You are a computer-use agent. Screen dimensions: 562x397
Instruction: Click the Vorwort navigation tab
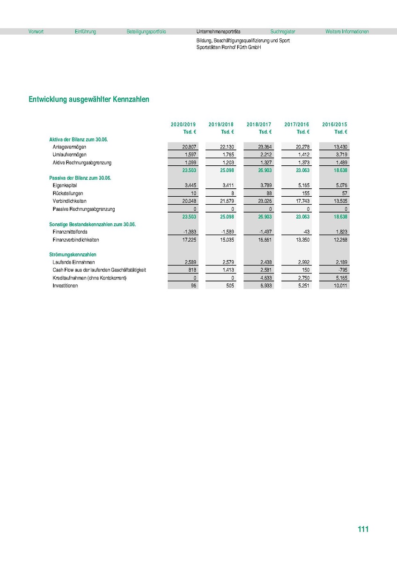(36, 32)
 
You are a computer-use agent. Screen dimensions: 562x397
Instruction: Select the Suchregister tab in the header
(283, 32)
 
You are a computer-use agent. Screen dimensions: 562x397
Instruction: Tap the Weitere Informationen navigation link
(347, 32)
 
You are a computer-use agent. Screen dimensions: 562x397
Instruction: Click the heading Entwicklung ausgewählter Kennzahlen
(89, 100)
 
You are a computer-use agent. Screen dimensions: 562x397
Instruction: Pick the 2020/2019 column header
(184, 125)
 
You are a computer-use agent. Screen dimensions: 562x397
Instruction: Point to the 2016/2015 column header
(335, 125)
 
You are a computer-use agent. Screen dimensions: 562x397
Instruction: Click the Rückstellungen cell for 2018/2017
(267, 193)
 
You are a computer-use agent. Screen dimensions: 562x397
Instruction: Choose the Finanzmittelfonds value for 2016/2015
(340, 232)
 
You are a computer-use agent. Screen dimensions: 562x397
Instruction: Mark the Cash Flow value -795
(342, 270)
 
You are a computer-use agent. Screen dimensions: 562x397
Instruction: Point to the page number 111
(363, 529)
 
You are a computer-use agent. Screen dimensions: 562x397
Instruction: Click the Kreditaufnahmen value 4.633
(265, 278)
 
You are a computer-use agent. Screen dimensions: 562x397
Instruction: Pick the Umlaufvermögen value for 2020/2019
(189, 155)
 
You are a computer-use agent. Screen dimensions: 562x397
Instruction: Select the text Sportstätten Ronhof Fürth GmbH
(229, 47)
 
